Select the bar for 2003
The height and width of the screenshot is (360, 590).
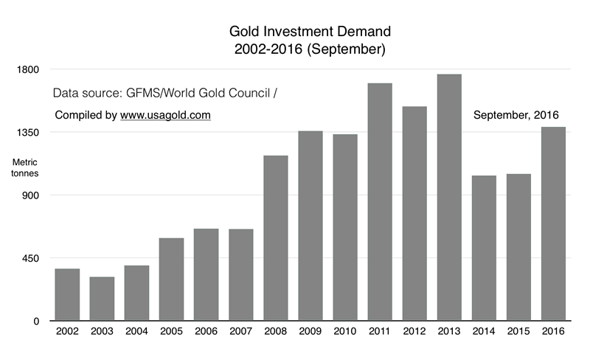102,299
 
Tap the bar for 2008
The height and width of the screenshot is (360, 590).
276,238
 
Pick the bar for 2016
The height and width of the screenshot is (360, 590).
553,224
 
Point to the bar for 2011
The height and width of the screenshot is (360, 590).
380,202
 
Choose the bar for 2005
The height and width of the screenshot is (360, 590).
171,280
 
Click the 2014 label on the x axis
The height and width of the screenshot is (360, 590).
484,333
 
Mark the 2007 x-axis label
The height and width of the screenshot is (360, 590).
241,333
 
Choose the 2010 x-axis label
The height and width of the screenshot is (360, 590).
345,333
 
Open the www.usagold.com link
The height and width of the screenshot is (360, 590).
166,115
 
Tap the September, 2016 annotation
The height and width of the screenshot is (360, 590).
516,115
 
